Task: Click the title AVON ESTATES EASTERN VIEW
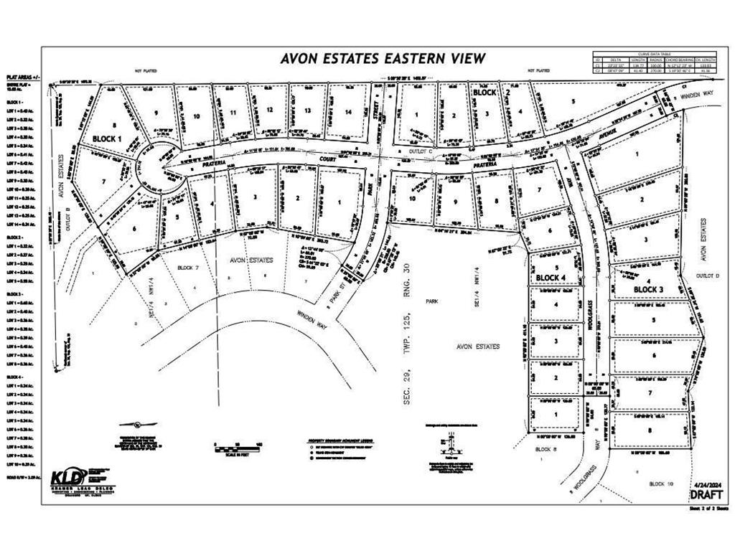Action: pyautogui.click(x=383, y=59)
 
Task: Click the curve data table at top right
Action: pyautogui.click(x=655, y=63)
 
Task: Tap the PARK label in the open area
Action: pyautogui.click(x=431, y=302)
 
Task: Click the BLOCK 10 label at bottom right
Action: pyautogui.click(x=661, y=484)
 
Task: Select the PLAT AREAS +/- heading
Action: pyautogui.click(x=24, y=77)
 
